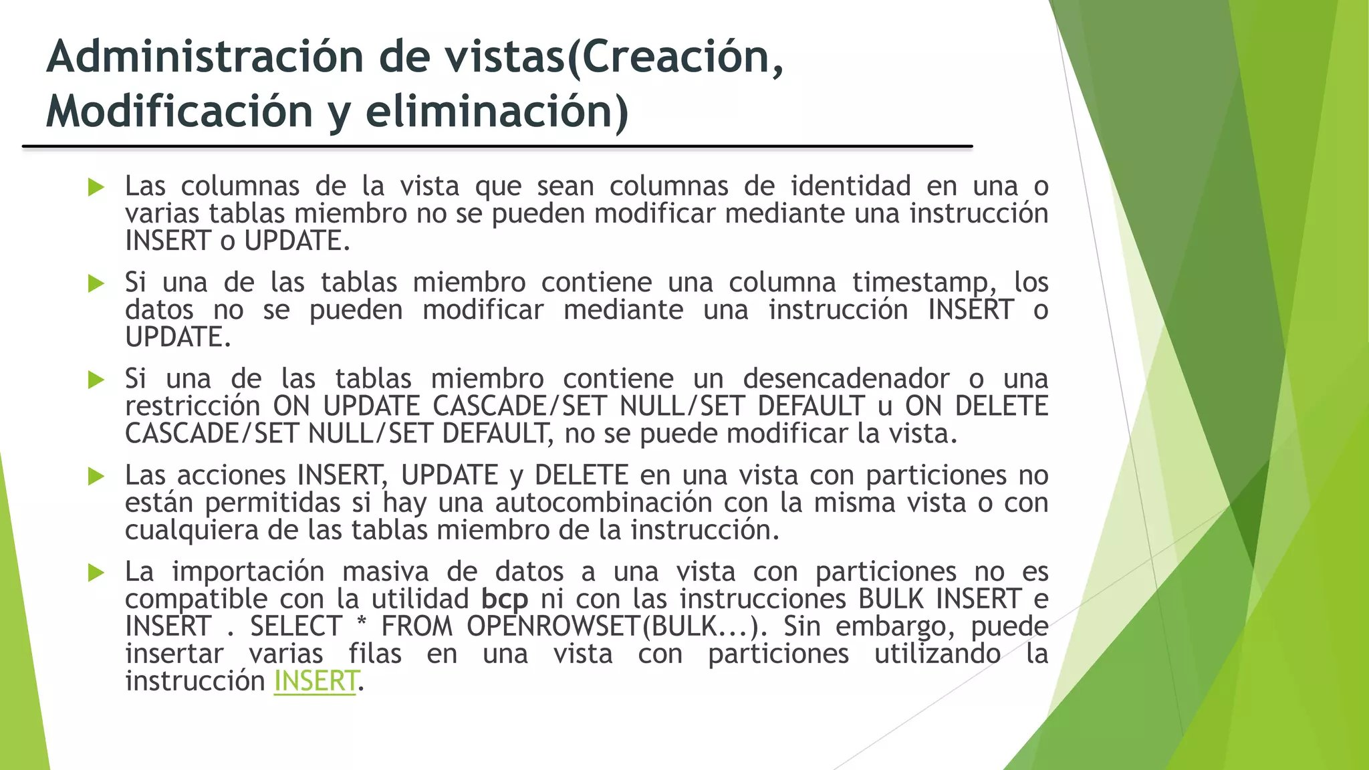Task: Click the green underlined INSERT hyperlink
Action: [x=316, y=681]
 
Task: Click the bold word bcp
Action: [x=505, y=599]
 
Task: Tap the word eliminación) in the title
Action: [x=497, y=111]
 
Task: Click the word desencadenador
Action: [x=846, y=379]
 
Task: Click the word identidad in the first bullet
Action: [x=850, y=186]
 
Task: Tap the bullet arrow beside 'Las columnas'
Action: [x=96, y=187]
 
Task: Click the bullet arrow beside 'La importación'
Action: [x=96, y=572]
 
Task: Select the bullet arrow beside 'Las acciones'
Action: [x=96, y=476]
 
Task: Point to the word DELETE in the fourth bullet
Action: [x=581, y=475]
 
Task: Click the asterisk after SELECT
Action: [x=362, y=626]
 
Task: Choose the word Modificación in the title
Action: [x=179, y=111]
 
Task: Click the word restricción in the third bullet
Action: [x=193, y=406]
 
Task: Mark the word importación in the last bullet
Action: [x=248, y=571]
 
